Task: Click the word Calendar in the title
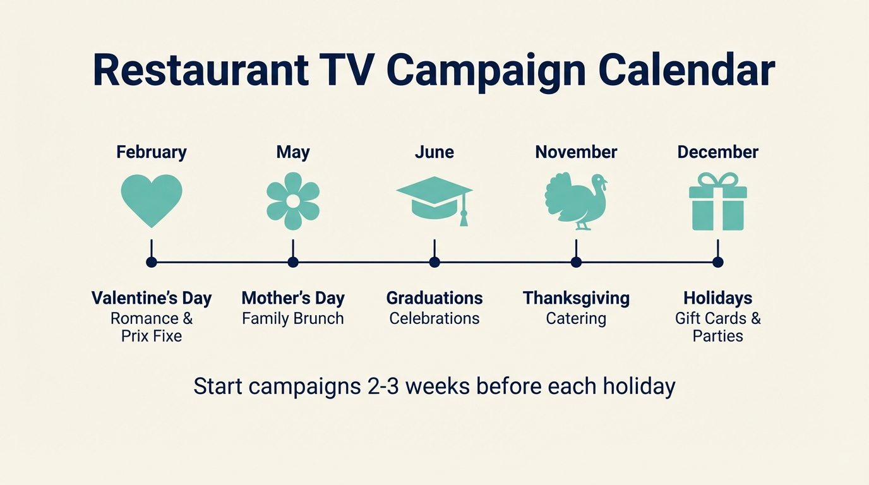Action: coord(686,71)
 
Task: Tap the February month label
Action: coord(152,152)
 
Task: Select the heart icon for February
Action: coord(152,200)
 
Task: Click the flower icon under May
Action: coord(293,201)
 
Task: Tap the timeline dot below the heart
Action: coord(152,262)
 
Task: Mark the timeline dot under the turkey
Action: coord(576,262)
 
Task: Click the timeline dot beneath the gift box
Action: coord(717,262)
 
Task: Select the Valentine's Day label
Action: coord(152,298)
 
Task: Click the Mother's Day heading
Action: coord(293,298)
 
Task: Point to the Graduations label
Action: coord(434,298)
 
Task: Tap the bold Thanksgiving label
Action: coord(576,298)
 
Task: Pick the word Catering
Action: coord(576,318)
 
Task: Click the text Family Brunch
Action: coord(293,318)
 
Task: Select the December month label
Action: coord(718,152)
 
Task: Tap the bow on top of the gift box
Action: coord(718,180)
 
